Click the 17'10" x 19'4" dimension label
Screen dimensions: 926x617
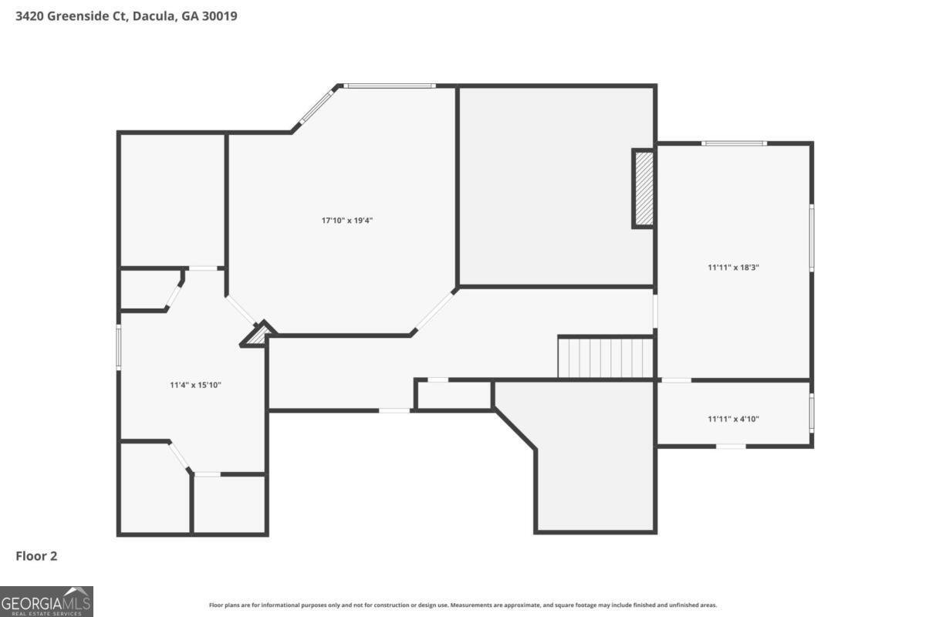(x=346, y=221)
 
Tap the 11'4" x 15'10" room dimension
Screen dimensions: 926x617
(x=195, y=385)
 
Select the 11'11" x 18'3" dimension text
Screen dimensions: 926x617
(x=733, y=268)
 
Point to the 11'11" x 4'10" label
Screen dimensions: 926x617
(x=733, y=419)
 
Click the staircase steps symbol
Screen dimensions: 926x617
(x=606, y=358)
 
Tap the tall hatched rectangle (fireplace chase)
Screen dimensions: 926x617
(x=644, y=189)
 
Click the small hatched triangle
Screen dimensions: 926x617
(x=258, y=334)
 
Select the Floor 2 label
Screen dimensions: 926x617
(x=36, y=556)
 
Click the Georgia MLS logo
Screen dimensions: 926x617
(x=46, y=602)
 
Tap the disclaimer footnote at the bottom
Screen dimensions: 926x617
(x=462, y=605)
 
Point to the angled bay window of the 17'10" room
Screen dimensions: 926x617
(x=317, y=106)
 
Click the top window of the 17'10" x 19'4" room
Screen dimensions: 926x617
(x=390, y=86)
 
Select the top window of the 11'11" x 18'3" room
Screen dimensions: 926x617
(x=734, y=143)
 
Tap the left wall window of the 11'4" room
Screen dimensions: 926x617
(x=119, y=347)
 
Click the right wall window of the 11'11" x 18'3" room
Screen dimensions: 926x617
(x=812, y=238)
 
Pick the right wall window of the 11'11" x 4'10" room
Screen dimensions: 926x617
(x=812, y=413)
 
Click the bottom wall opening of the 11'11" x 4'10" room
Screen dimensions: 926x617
(x=731, y=447)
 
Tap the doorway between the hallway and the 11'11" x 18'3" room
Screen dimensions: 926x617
(x=655, y=311)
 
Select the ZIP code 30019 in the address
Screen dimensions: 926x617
(x=219, y=16)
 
